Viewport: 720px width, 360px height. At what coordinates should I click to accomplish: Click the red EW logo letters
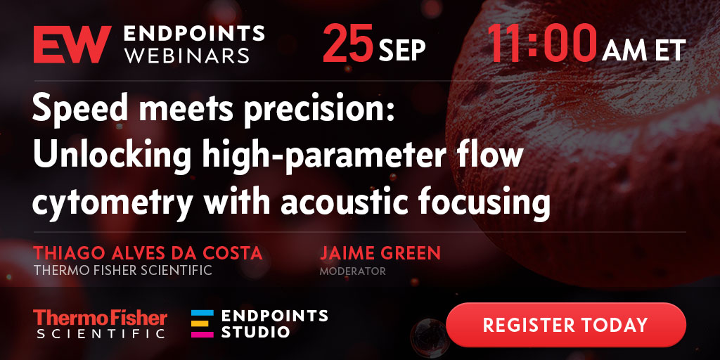click(x=72, y=44)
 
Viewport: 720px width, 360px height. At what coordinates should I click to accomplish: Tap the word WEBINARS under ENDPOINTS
click(x=188, y=56)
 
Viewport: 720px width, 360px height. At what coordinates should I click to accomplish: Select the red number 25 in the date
click(x=347, y=43)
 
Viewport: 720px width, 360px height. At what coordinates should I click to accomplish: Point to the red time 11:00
click(x=542, y=43)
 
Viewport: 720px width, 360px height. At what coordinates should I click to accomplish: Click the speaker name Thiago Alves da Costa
click(x=148, y=253)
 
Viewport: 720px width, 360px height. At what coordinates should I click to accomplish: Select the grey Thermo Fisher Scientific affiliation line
click(x=122, y=270)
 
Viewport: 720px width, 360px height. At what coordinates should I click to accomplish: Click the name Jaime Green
click(x=380, y=253)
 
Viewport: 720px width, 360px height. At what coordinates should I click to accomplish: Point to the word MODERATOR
click(x=353, y=271)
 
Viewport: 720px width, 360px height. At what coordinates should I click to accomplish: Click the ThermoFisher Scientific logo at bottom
click(x=100, y=323)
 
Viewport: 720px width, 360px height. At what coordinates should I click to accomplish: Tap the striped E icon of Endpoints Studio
click(x=202, y=323)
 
